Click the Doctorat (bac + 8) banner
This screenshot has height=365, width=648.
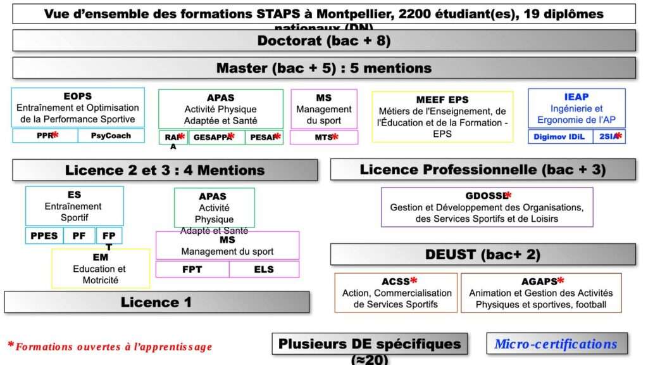pyautogui.click(x=323, y=41)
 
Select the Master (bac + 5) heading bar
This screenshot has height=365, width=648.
pyautogui.click(x=323, y=68)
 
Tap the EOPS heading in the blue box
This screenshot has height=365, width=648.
pyautogui.click(x=78, y=96)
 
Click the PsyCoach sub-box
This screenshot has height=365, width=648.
pyautogui.click(x=111, y=136)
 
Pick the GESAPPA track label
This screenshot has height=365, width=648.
pyautogui.click(x=211, y=136)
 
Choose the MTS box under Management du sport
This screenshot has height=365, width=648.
pyautogui.click(x=323, y=137)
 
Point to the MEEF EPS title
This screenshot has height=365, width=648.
pyautogui.click(x=442, y=100)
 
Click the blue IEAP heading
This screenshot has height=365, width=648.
pyautogui.click(x=576, y=96)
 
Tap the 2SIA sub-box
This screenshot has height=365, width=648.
pyautogui.click(x=609, y=136)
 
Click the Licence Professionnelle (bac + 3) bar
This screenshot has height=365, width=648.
pyautogui.click(x=482, y=170)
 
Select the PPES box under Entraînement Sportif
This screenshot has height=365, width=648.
pyautogui.click(x=44, y=236)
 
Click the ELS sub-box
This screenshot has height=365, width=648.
pyautogui.click(x=264, y=269)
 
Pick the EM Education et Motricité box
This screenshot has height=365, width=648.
pyautogui.click(x=100, y=269)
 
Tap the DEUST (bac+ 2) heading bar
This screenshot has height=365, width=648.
pyautogui.click(x=482, y=255)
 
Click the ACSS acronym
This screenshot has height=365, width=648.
pyautogui.click(x=396, y=281)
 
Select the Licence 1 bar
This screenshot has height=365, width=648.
pyautogui.click(x=156, y=302)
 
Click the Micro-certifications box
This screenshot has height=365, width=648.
pyautogui.click(x=556, y=344)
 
